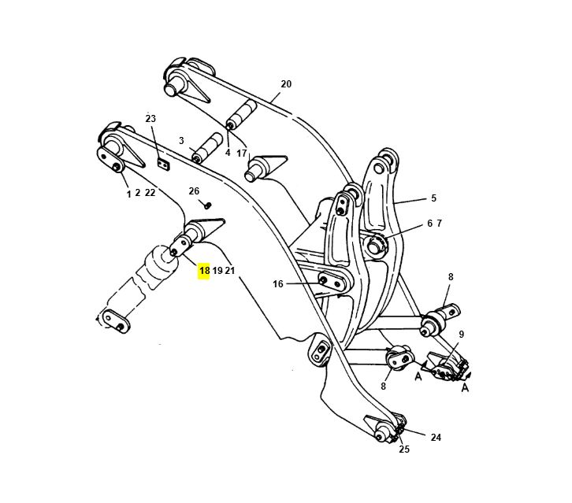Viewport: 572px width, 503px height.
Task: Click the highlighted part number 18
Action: tap(204, 271)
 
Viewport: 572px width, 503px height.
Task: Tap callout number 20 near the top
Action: tap(285, 84)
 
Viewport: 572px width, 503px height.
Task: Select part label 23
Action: tap(150, 119)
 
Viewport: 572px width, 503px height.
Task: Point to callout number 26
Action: tap(194, 191)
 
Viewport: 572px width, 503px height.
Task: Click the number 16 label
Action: tap(278, 284)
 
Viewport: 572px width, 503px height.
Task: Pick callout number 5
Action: tap(433, 198)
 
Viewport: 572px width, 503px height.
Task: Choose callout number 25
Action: tap(404, 449)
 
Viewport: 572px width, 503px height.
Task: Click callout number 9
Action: tap(462, 334)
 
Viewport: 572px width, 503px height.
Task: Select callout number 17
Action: tap(242, 153)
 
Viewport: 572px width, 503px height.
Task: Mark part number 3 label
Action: tap(181, 141)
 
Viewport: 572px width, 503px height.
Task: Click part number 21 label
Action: tap(230, 271)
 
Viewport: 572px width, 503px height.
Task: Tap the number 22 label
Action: tap(150, 193)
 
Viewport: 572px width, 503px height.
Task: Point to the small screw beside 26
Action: tap(208, 204)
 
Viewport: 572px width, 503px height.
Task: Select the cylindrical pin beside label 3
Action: tap(208, 146)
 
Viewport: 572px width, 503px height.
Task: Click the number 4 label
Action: tap(228, 153)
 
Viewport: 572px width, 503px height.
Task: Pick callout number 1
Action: tap(128, 193)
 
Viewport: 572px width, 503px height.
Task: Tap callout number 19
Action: tap(217, 271)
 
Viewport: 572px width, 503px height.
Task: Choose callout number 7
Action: tap(439, 224)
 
